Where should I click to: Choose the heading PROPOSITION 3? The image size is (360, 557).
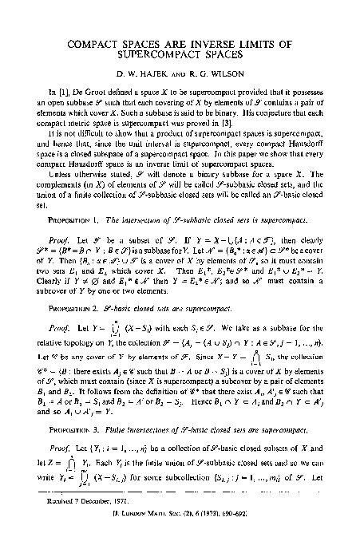(73, 429)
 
